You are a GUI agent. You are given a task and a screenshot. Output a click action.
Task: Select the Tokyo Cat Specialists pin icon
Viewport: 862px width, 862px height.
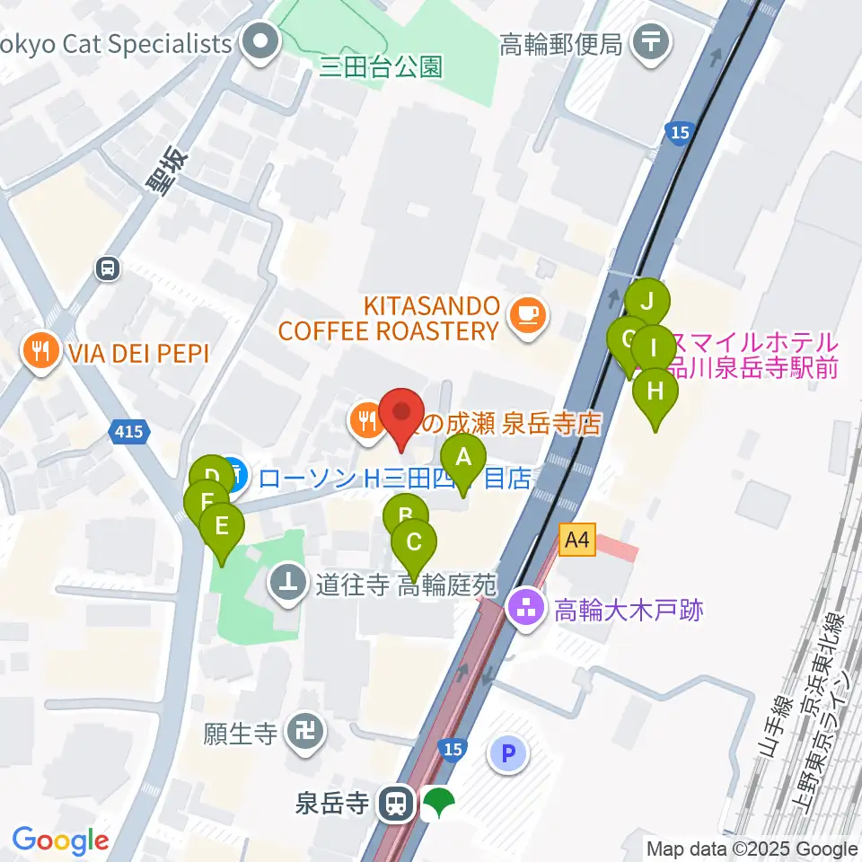[x=261, y=43]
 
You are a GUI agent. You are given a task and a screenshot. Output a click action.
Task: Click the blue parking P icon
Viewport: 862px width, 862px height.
[x=508, y=752]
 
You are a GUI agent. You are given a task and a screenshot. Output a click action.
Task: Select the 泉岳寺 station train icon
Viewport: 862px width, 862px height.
[x=395, y=803]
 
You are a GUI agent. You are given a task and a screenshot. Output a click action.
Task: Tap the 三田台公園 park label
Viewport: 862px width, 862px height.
[x=382, y=67]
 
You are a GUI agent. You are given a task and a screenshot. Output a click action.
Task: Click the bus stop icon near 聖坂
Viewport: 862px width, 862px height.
[x=108, y=268]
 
